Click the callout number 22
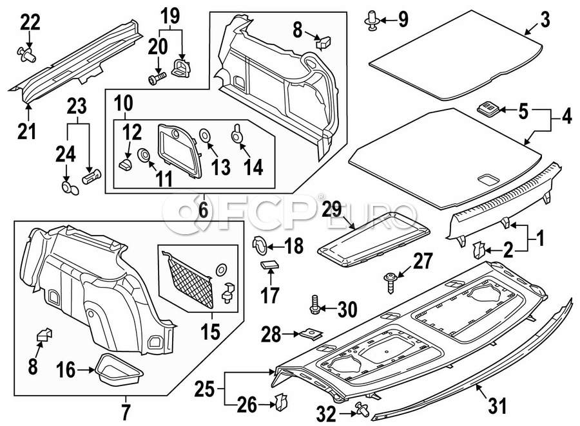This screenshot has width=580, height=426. click(x=30, y=24)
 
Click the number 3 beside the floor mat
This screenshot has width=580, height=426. click(x=545, y=20)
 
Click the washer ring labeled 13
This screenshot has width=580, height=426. click(x=204, y=135)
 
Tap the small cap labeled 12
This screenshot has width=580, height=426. click(x=125, y=164)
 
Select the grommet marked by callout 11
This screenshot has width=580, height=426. click(x=143, y=155)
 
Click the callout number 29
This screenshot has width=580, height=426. click(x=332, y=210)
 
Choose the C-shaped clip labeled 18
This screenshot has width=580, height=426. click(x=260, y=245)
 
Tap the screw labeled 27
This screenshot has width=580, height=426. click(x=390, y=282)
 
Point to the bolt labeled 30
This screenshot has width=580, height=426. click(x=314, y=305)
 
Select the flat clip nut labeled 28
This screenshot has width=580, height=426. click(x=311, y=334)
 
